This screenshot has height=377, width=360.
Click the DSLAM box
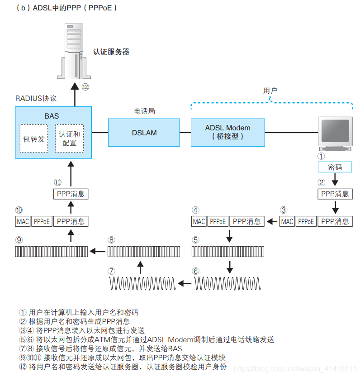tap(144, 133)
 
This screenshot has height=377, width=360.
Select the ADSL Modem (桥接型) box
tap(227, 132)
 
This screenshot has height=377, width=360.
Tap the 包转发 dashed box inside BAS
tap(34, 139)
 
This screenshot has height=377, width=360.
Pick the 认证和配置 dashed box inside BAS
tap(70, 139)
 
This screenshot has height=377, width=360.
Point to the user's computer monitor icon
tap(335, 134)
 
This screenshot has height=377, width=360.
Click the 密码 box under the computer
tap(335, 167)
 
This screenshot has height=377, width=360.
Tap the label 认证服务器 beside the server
tap(111, 52)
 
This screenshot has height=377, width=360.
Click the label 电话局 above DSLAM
tap(144, 111)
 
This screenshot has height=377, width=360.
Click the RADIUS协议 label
tap(36, 98)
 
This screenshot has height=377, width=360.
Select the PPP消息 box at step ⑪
tap(71, 194)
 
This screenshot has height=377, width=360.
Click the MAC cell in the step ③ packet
tap(287, 221)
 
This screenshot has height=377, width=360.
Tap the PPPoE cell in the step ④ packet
tap(218, 221)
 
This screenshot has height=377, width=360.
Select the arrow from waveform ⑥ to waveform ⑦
tap(184, 284)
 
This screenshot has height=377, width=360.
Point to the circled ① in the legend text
tap(23, 312)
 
